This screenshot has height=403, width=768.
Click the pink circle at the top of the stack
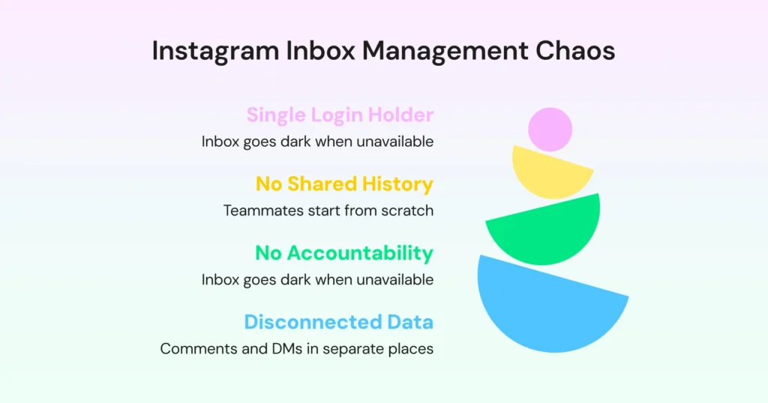click(550, 129)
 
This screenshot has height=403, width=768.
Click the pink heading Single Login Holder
click(340, 115)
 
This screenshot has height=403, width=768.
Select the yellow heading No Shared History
click(344, 184)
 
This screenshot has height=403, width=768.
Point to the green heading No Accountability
click(344, 253)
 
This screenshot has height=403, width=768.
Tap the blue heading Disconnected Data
click(338, 322)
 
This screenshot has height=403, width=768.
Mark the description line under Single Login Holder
click(317, 142)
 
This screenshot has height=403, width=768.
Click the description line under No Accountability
click(317, 279)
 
